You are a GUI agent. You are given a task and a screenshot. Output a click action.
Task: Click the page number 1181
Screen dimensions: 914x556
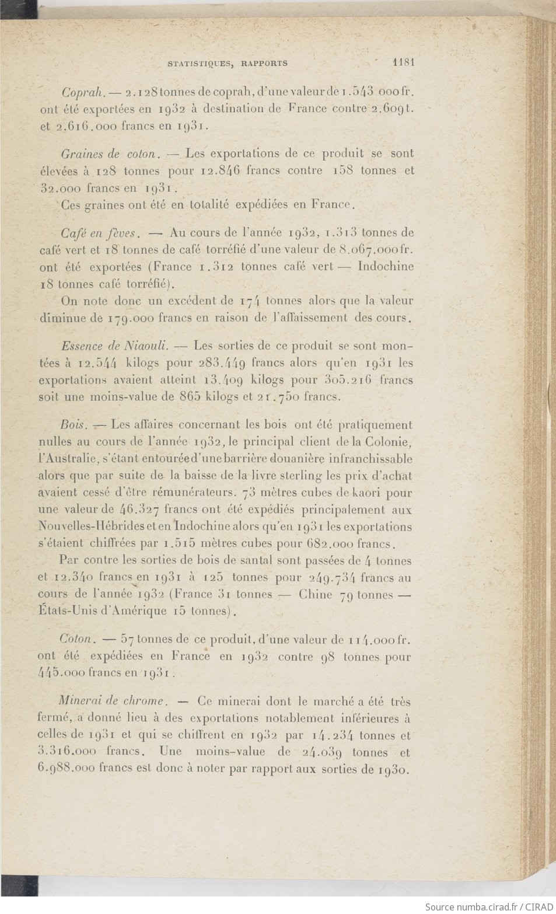pyautogui.click(x=404, y=62)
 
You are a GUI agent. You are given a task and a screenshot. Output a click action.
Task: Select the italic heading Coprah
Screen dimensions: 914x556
pyautogui.click(x=83, y=92)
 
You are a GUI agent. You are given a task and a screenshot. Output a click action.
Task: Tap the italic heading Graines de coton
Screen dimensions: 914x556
pyautogui.click(x=110, y=154)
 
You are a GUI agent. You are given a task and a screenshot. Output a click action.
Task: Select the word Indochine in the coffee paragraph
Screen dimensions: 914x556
pyautogui.click(x=386, y=267)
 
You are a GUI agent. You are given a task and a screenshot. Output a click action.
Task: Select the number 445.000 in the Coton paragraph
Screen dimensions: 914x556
pyautogui.click(x=62, y=672)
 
